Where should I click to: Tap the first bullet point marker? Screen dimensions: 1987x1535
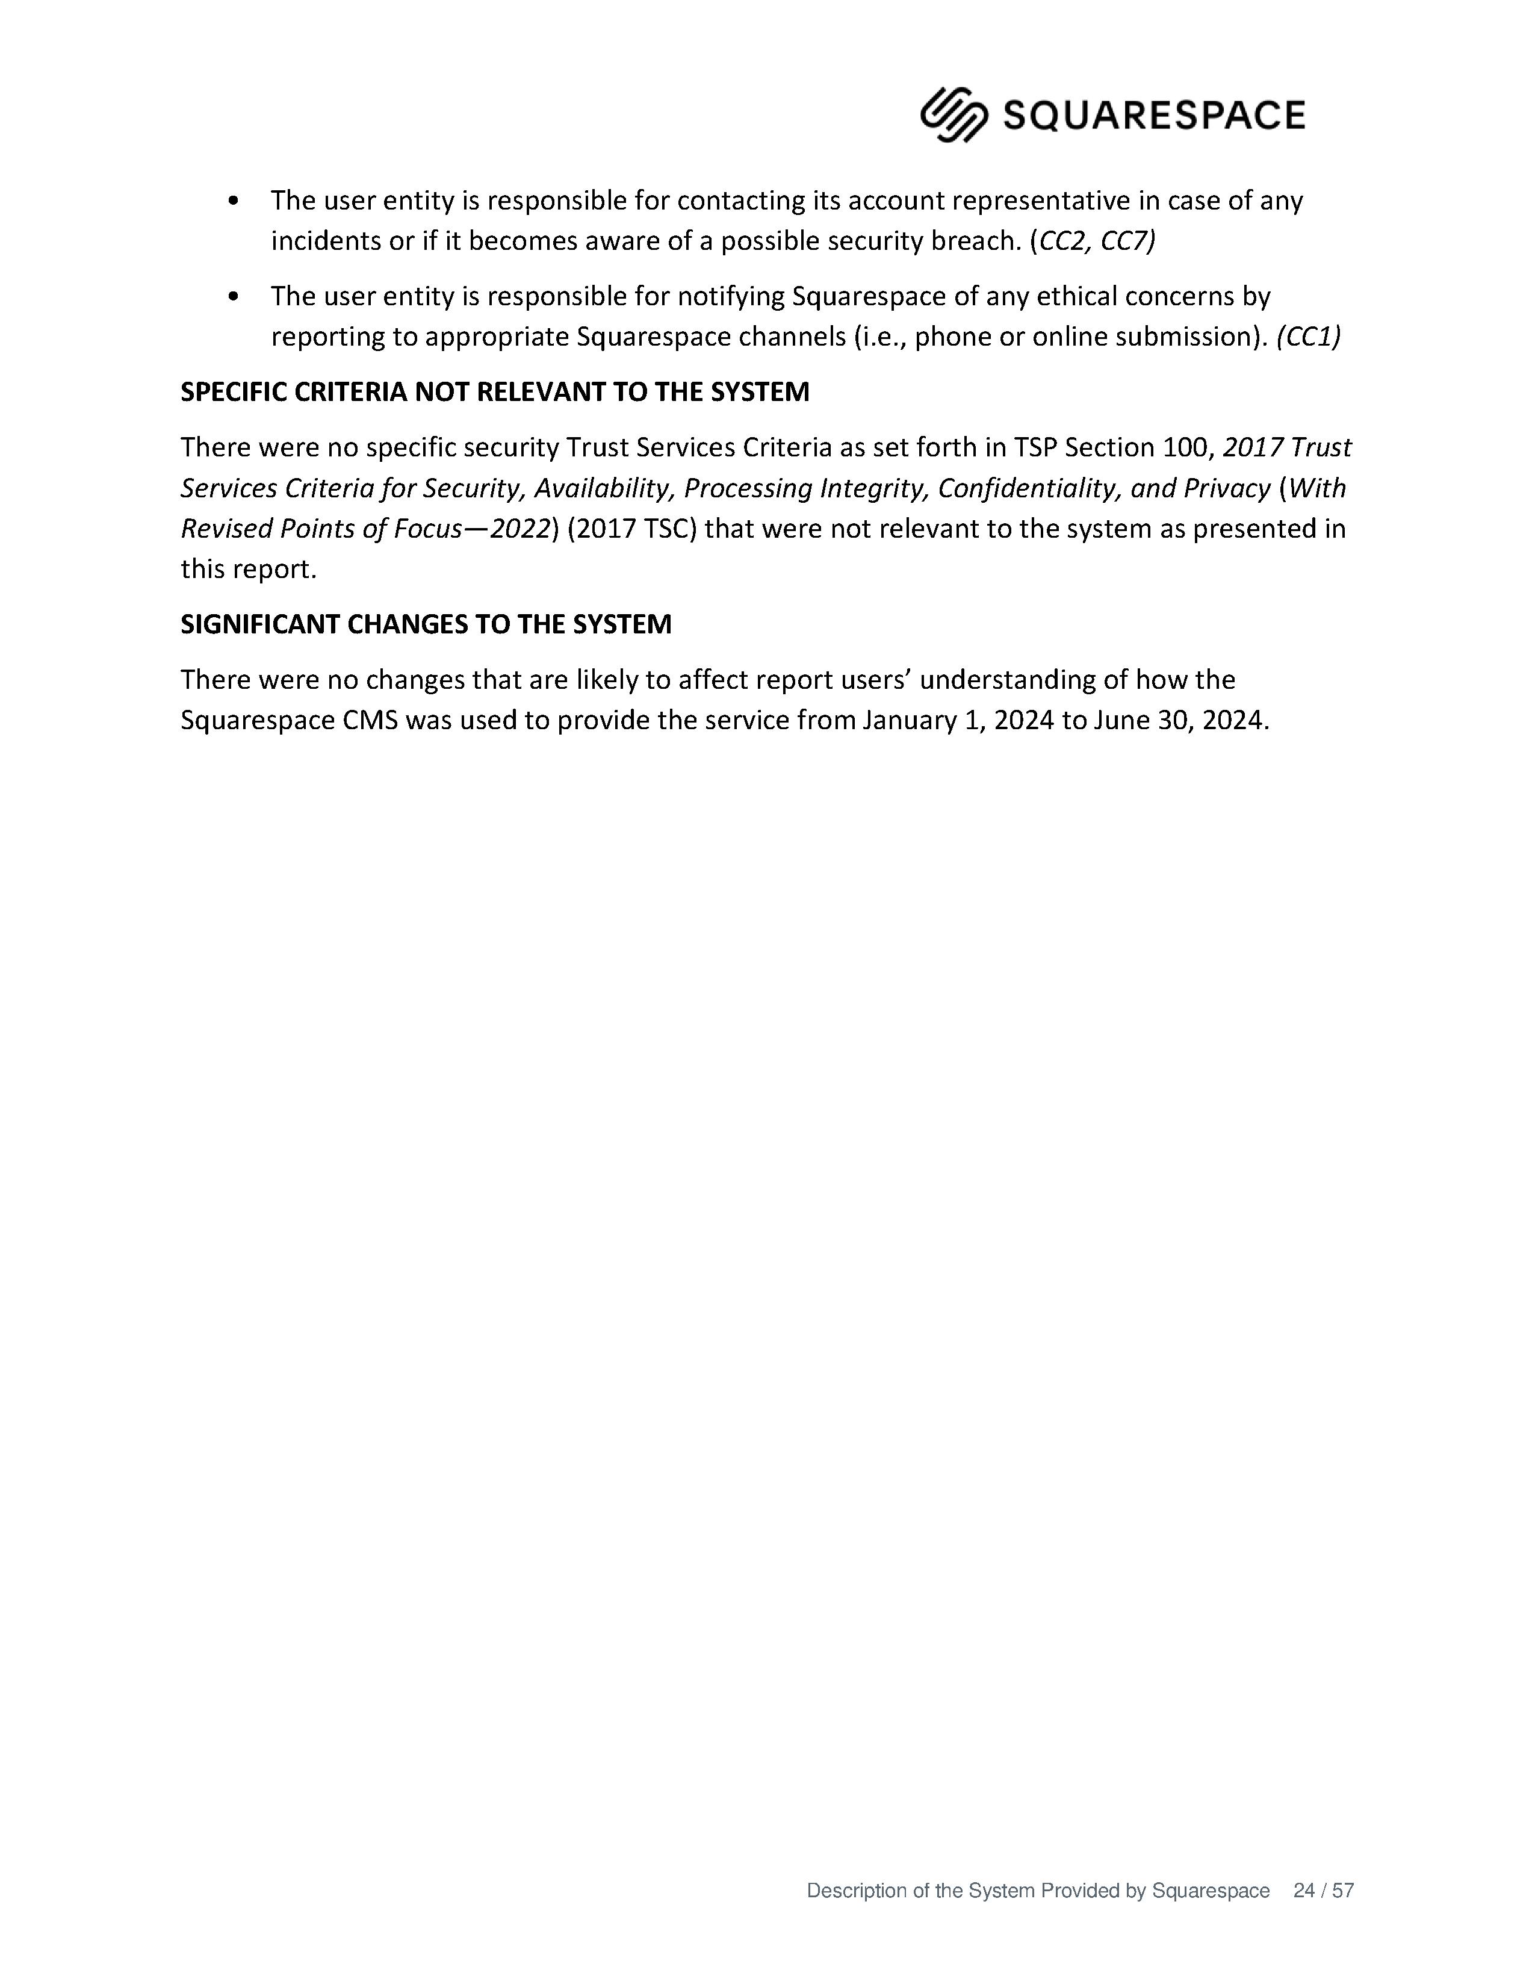235,201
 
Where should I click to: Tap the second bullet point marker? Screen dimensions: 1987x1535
235,297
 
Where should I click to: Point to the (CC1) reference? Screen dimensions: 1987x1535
1309,337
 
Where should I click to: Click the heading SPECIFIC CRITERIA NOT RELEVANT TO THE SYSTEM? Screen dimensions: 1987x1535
495,392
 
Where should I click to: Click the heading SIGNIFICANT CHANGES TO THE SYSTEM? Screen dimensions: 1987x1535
426,624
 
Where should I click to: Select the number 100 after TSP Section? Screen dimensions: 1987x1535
1188,447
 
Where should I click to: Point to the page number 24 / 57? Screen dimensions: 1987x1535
1323,1891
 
